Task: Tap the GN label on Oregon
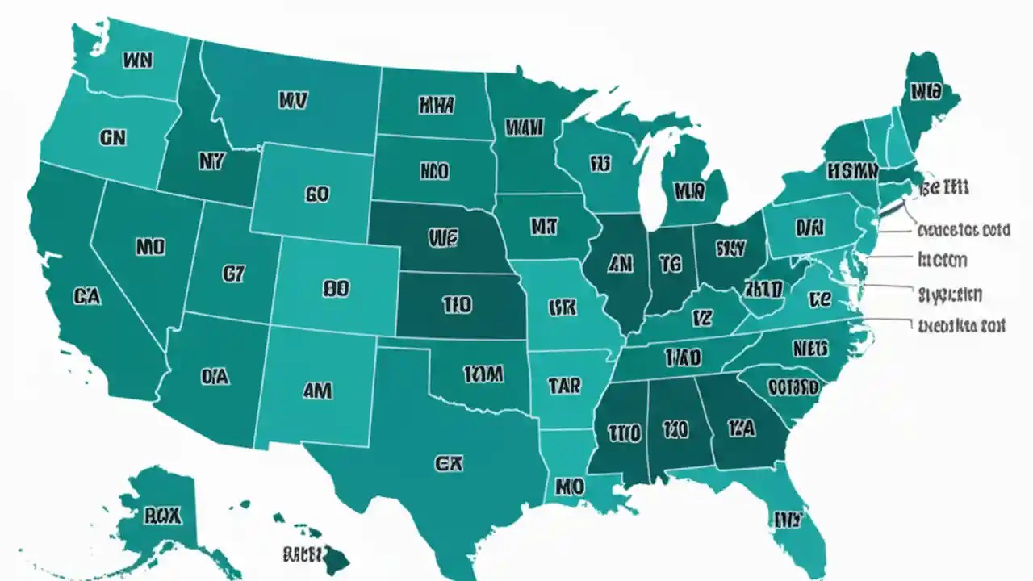click(x=113, y=138)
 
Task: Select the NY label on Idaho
click(x=209, y=161)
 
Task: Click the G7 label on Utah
click(x=232, y=274)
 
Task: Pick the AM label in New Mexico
click(x=317, y=391)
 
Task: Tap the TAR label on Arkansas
click(x=563, y=386)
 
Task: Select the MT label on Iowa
click(x=544, y=228)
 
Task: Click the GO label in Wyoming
click(x=317, y=195)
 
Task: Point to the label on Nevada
click(x=150, y=246)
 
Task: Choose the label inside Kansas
click(x=457, y=305)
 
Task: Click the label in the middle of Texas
click(x=448, y=463)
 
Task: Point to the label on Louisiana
click(x=569, y=487)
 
